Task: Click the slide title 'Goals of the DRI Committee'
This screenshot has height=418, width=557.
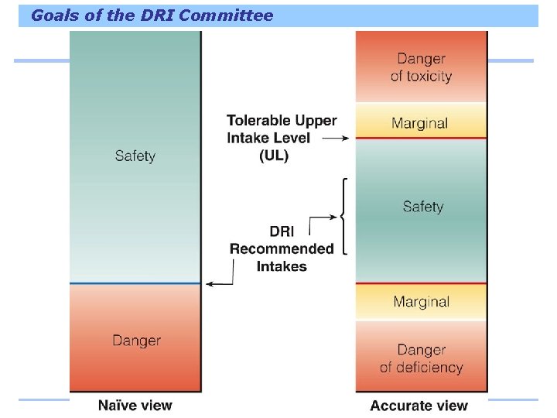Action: click(x=152, y=15)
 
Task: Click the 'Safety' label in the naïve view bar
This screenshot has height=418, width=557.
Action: click(x=135, y=156)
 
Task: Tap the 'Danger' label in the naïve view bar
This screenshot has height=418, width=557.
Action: click(x=136, y=340)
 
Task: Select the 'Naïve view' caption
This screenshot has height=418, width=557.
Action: click(x=135, y=405)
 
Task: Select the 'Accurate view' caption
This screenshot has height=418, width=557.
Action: click(x=419, y=405)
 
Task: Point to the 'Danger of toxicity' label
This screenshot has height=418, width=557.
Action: click(x=421, y=67)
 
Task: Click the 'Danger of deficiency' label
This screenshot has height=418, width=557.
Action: click(x=421, y=358)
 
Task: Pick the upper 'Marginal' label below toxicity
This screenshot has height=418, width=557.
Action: click(x=420, y=123)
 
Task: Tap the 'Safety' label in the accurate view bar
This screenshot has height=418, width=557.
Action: click(x=423, y=207)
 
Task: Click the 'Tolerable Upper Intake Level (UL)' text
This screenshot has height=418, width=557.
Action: click(x=282, y=138)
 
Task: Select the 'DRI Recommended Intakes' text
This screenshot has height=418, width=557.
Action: click(x=282, y=248)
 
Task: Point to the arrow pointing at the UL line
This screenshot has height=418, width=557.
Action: click(x=336, y=139)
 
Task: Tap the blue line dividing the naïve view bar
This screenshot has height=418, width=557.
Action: click(x=135, y=283)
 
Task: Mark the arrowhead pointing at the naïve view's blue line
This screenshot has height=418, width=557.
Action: click(x=208, y=284)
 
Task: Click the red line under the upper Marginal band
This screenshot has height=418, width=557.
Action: click(x=422, y=139)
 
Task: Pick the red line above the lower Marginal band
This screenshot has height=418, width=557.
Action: click(x=422, y=283)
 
